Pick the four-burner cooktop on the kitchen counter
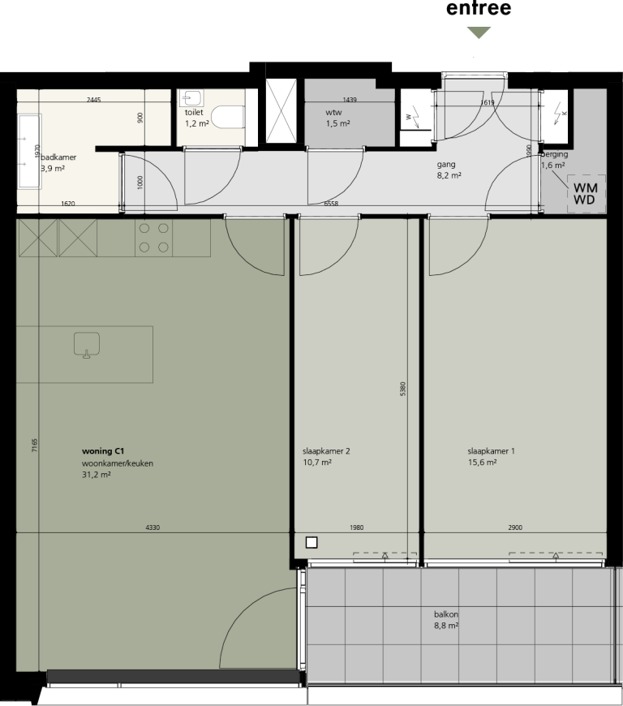coord(153,237)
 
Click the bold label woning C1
coord(102,449)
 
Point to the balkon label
coord(445,613)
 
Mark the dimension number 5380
coord(403,389)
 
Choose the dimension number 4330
coord(152,527)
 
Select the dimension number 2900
coord(515,527)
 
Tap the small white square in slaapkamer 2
coord(311,542)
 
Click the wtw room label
coord(333,112)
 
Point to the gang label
coord(446,163)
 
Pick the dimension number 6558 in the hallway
coord(331,204)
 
